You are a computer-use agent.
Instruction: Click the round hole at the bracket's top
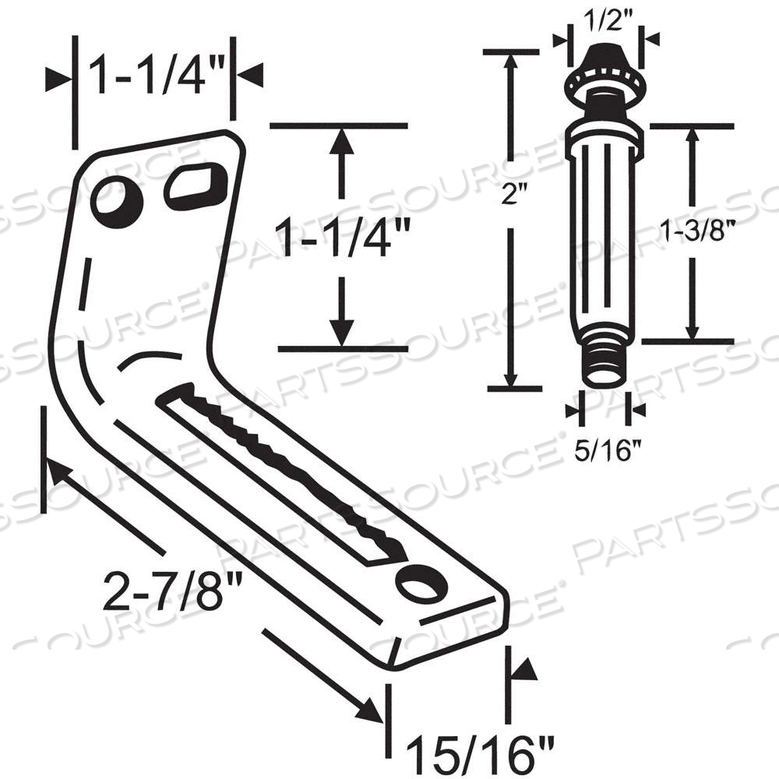[117, 201]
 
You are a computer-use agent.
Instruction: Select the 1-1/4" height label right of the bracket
[340, 237]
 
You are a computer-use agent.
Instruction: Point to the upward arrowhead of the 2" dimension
[511, 63]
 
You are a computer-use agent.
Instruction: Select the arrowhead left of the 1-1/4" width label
[58, 79]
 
